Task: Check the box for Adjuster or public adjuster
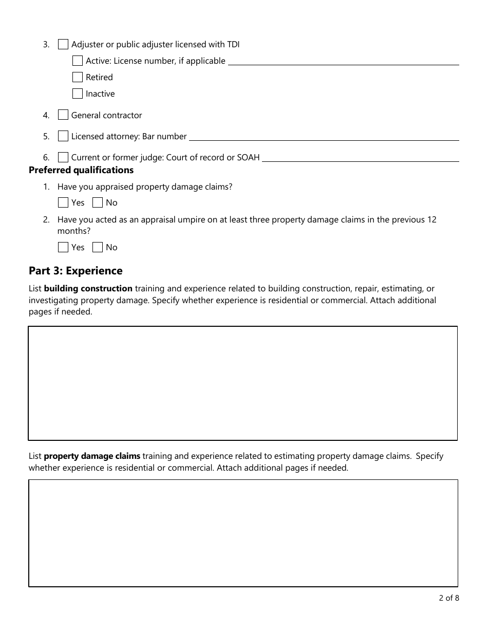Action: click(63, 44)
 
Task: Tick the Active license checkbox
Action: click(78, 61)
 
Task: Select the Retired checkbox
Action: click(78, 77)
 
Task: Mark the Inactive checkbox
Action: click(78, 94)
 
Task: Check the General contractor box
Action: click(63, 115)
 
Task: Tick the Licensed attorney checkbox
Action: click(63, 136)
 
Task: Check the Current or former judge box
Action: click(63, 157)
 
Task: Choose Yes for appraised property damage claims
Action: click(63, 202)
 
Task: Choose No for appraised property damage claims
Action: click(98, 202)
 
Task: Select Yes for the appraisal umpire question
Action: click(63, 247)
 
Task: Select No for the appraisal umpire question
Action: click(98, 247)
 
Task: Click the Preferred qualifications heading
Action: click(81, 170)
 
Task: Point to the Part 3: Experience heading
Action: click(76, 271)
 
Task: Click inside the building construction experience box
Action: click(242, 383)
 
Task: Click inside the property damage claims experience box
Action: click(243, 533)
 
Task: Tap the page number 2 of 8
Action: click(448, 598)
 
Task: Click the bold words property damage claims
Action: click(92, 456)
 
